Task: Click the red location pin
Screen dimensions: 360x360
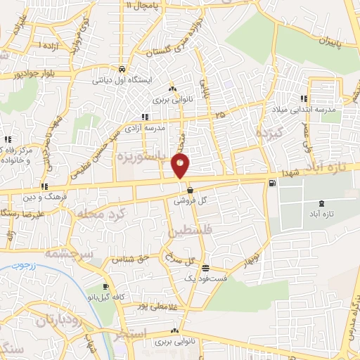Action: [181, 166]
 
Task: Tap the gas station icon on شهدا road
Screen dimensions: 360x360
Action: [272, 184]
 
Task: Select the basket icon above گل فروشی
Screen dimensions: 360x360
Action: [190, 189]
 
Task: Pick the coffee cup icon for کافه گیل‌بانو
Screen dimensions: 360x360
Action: [105, 287]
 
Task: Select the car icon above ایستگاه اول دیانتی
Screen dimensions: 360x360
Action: [122, 70]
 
